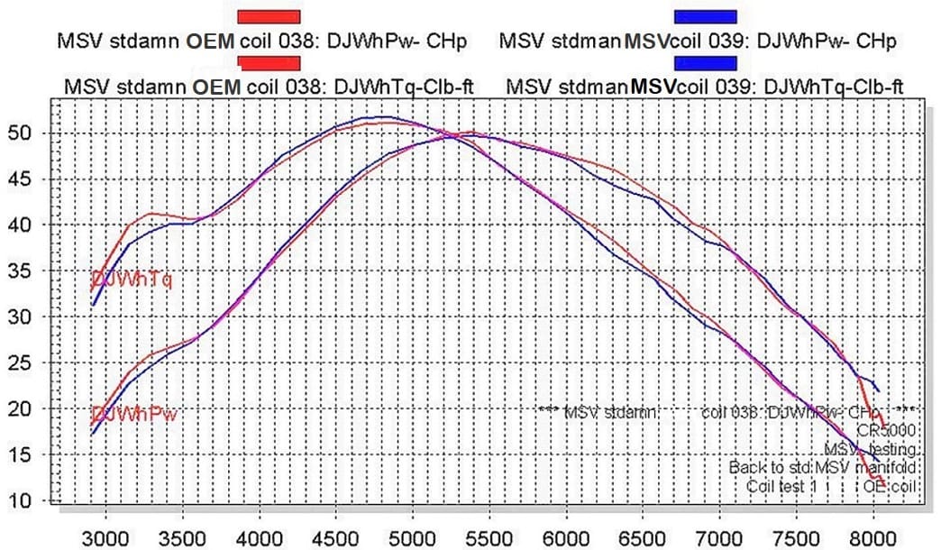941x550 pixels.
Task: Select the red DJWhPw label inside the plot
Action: [133, 415]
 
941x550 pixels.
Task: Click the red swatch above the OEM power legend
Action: [269, 16]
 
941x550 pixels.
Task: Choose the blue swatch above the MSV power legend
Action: [706, 16]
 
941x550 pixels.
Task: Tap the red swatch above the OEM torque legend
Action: [269, 62]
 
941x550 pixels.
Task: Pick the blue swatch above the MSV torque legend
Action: [706, 62]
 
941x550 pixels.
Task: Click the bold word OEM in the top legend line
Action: [213, 41]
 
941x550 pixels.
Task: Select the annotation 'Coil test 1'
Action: [782, 487]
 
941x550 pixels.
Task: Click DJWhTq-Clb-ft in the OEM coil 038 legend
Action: [405, 87]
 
